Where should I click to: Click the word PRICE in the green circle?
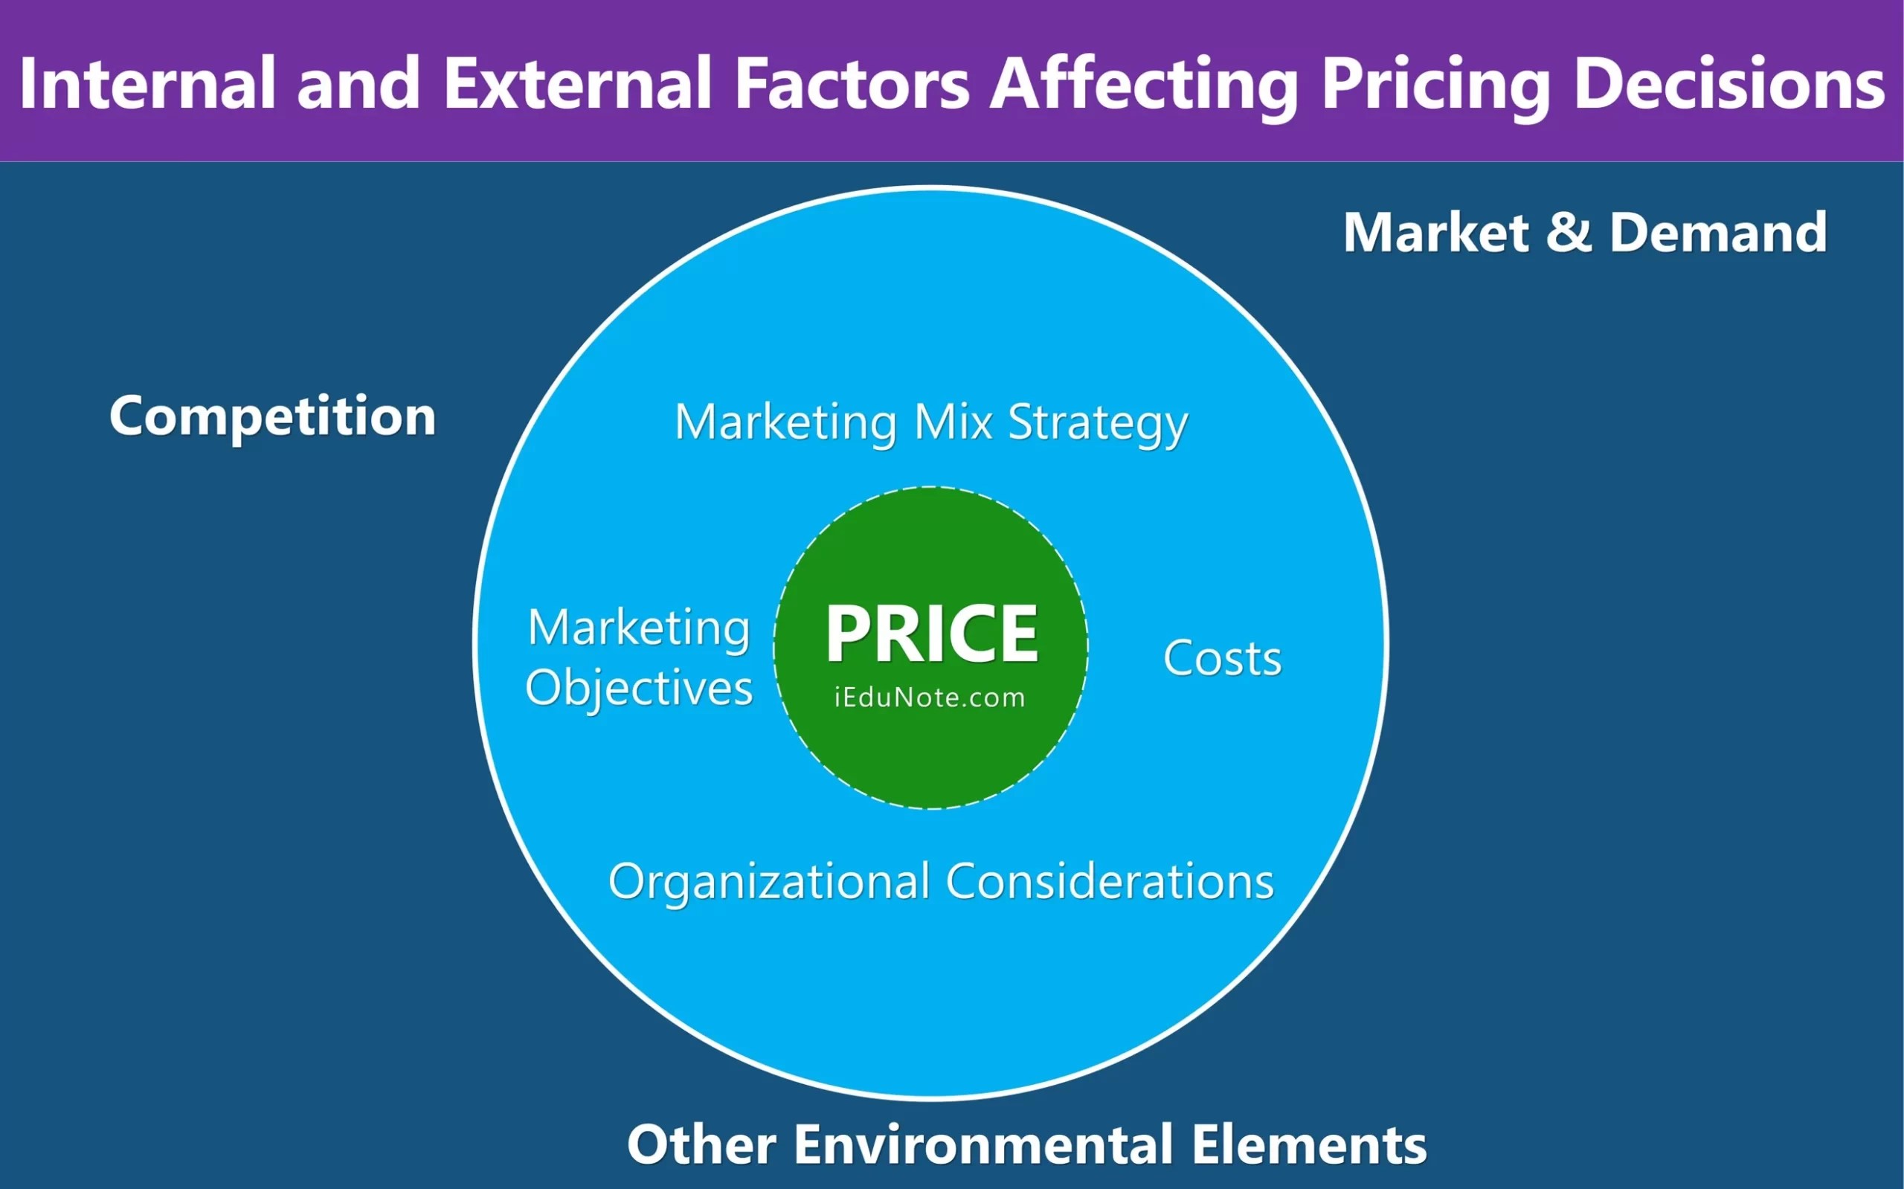tap(932, 634)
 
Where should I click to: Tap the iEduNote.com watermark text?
tap(930, 697)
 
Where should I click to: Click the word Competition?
tap(272, 416)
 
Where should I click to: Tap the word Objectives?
tap(639, 689)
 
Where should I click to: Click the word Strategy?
tap(1098, 424)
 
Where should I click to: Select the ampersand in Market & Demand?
tap(1570, 233)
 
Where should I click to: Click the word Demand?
tap(1717, 233)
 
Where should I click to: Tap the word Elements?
tap(1309, 1144)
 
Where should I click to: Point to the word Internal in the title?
tap(147, 83)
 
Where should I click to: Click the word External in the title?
tap(578, 83)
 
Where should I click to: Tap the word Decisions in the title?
tap(1728, 83)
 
